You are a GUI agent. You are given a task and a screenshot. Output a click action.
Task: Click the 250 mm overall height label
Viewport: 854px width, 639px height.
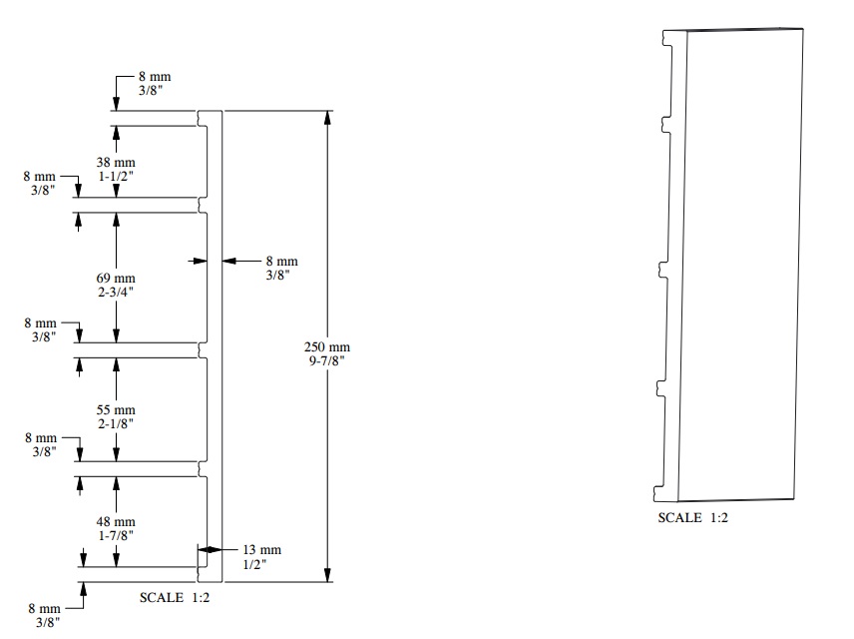point(327,346)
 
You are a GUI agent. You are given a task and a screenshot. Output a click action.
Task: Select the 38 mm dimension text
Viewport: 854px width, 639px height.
point(116,162)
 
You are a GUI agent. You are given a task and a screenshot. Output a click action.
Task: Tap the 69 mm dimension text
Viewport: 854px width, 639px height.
point(116,278)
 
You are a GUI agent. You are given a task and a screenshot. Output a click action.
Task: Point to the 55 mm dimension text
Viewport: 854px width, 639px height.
point(116,410)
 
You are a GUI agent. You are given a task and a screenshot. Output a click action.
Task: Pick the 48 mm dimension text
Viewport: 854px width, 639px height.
point(116,522)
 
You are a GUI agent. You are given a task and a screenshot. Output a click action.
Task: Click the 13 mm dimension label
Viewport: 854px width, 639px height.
point(262,549)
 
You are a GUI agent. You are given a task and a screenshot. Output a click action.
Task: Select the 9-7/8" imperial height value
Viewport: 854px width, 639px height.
point(327,361)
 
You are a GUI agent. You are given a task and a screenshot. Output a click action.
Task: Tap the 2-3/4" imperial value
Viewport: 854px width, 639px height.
point(116,293)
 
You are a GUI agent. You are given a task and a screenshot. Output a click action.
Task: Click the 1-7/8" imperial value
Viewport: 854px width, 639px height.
point(116,536)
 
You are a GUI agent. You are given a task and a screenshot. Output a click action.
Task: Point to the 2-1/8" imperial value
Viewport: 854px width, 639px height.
point(116,424)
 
